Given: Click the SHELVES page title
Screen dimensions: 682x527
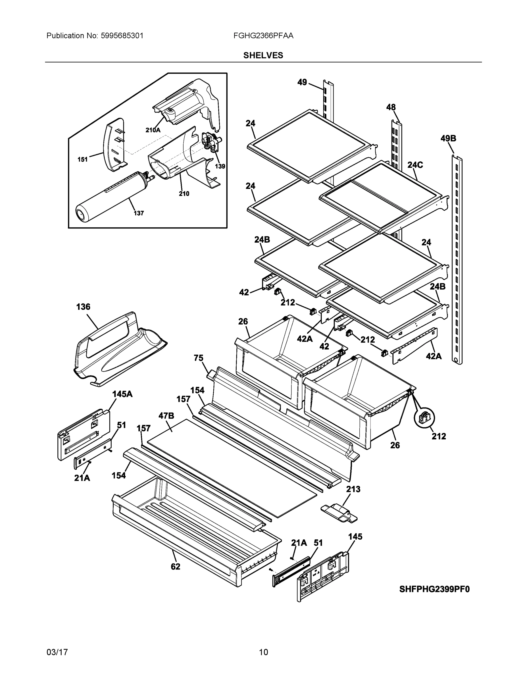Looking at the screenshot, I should pyautogui.click(x=263, y=55).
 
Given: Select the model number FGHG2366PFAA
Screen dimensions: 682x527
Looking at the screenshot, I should pyautogui.click(x=263, y=36).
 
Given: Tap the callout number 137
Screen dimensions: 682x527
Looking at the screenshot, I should pyautogui.click(x=139, y=213).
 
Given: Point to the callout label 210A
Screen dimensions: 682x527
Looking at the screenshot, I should pyautogui.click(x=153, y=130).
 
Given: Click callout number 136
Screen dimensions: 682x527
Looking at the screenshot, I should pyautogui.click(x=83, y=307).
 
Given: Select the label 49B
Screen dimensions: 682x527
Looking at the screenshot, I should pyautogui.click(x=448, y=138).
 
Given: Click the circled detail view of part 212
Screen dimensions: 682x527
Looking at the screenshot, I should pyautogui.click(x=425, y=418).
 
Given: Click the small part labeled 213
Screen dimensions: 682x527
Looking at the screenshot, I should pyautogui.click(x=339, y=513).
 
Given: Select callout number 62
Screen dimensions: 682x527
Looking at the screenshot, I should pyautogui.click(x=176, y=566).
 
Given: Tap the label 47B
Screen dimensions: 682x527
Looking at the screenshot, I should pyautogui.click(x=166, y=416).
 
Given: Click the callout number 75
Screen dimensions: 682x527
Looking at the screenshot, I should pyautogui.click(x=199, y=358).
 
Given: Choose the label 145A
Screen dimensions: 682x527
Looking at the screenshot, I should pyautogui.click(x=122, y=394).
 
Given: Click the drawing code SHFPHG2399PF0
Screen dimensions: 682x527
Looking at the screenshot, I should pyautogui.click(x=434, y=589).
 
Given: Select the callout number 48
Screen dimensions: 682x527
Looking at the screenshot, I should pyautogui.click(x=391, y=107).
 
